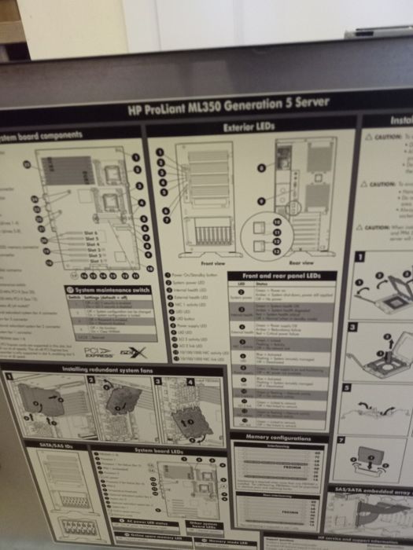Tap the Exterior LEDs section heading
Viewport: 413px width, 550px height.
[248, 126]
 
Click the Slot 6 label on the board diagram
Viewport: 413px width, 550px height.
[92, 233]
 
